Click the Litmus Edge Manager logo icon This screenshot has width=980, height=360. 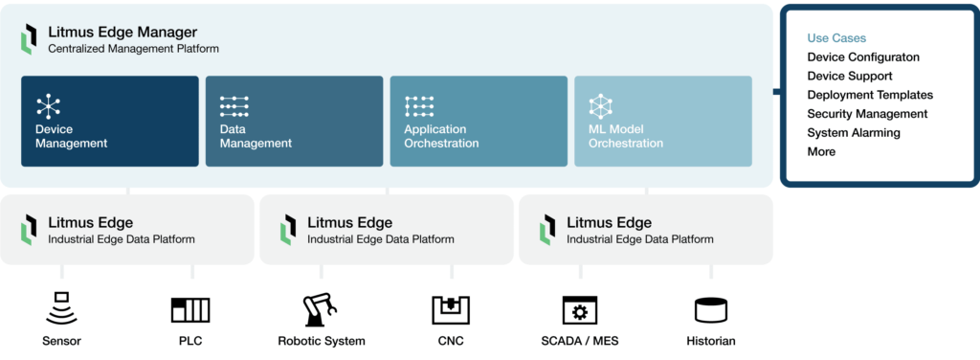pos(29,40)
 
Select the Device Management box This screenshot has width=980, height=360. pos(110,122)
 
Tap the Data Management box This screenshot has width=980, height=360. pos(294,122)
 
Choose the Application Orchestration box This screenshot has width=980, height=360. pos(479,122)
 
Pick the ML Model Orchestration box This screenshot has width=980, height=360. pos(662,122)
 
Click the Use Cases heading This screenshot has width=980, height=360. pos(836,38)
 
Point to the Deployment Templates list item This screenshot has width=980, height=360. pos(870,95)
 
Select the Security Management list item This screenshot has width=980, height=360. pos(867,114)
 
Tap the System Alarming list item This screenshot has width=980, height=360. pos(854,133)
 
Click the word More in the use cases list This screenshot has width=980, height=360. pos(821,152)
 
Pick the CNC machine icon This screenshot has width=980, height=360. pos(451,309)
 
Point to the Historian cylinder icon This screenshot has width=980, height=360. pos(711,309)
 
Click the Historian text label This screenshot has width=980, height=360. pos(711,341)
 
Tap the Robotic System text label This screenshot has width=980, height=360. pos(322,341)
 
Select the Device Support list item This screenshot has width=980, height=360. pos(850,76)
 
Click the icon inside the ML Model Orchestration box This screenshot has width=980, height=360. pos(600,105)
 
